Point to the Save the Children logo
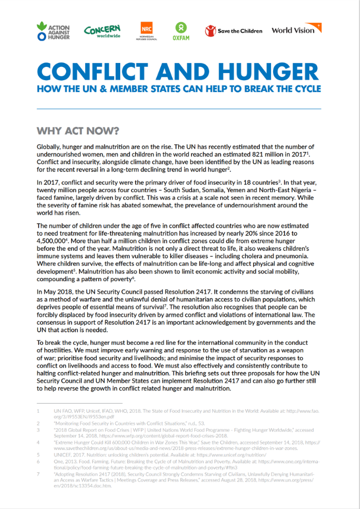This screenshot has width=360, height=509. [234, 31]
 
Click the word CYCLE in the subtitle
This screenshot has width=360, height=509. [304, 89]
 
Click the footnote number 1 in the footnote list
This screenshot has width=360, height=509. [38, 411]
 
